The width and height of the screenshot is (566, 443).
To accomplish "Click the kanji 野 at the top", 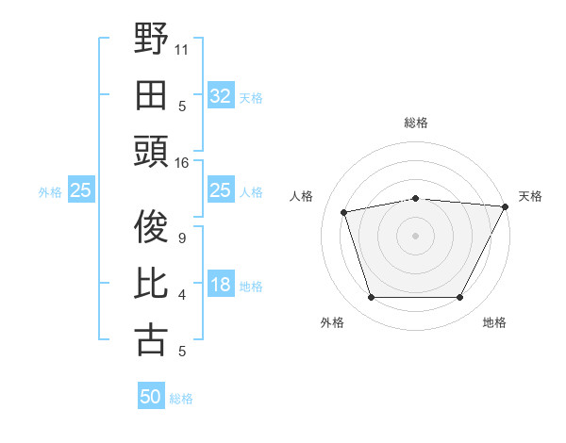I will (152, 41).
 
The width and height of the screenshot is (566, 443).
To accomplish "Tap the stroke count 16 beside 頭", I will (183, 162).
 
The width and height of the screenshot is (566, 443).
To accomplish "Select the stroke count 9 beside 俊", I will (181, 238).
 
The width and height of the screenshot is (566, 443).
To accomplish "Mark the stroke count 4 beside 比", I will (181, 295).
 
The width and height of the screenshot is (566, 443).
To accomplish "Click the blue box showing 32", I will (220, 95).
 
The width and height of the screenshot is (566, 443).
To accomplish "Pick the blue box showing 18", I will (220, 285).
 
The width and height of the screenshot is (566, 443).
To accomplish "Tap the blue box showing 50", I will (151, 397).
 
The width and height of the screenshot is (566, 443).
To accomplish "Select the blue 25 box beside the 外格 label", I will (81, 191).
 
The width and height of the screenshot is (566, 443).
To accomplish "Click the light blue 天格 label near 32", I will (251, 97).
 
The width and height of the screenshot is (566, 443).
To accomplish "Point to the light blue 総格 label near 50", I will (181, 399).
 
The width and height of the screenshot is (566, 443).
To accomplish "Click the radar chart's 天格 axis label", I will (531, 196).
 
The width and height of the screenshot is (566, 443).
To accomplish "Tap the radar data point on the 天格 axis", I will (507, 206).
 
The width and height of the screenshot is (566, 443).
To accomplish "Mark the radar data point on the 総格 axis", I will (415, 198).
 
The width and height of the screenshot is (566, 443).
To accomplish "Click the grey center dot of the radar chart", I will (415, 235).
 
